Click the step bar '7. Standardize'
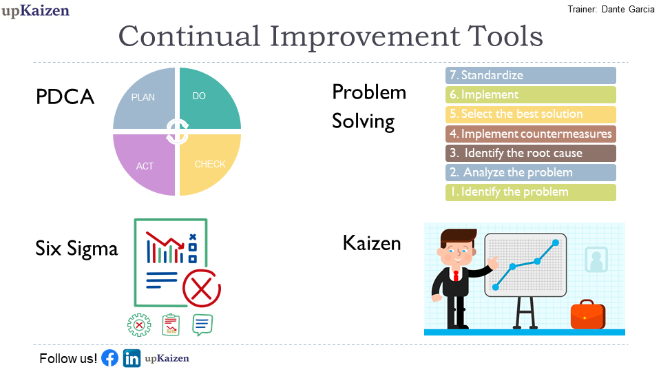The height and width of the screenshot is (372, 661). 531,76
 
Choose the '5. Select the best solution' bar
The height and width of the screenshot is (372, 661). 531,114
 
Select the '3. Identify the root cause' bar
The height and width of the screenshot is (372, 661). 531,153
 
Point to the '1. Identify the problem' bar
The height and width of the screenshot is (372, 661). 531,192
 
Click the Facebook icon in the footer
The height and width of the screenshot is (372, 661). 110,358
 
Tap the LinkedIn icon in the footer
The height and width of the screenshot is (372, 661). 132,358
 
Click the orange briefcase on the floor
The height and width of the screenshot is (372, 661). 587,315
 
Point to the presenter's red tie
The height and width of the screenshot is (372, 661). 456,276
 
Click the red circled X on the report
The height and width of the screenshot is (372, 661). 202,289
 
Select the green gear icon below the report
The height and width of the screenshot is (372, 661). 139,325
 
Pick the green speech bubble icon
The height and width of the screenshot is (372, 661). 202,324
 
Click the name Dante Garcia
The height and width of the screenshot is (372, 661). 628,9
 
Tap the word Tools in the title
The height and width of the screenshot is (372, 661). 505,37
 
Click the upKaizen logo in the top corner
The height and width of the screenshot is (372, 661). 35,10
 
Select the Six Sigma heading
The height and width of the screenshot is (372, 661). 76,249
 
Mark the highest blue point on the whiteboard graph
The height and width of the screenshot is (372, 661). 556,242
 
